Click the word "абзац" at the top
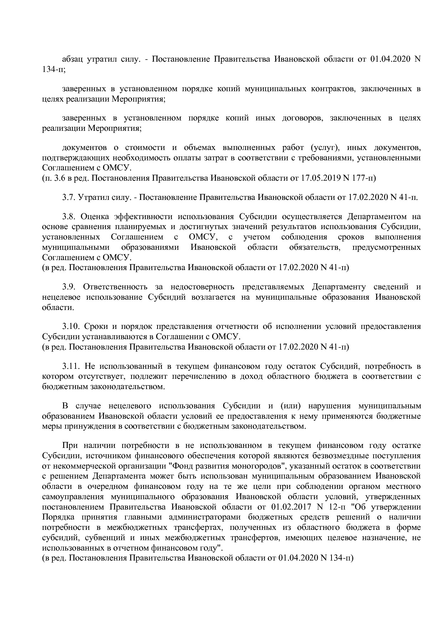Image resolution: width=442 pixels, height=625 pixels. click(x=73, y=59)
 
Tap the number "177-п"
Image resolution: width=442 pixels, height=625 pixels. click(x=364, y=178)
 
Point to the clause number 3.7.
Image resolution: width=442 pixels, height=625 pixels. click(x=68, y=197)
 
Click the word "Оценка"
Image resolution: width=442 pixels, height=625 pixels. click(x=94, y=217)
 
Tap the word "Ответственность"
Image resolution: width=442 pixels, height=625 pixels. click(x=115, y=287)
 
